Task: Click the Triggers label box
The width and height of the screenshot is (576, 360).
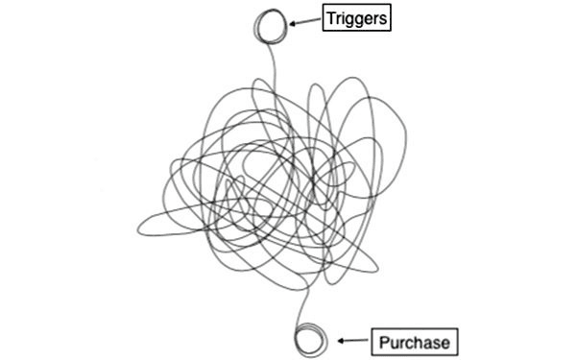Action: point(357,18)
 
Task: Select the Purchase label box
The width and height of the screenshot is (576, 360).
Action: point(414,341)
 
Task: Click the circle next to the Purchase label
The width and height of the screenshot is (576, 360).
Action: point(310,340)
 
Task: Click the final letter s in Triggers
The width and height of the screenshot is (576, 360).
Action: point(383,19)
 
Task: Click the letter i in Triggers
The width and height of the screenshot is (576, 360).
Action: point(343,18)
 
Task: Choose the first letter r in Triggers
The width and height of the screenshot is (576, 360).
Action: point(338,19)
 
